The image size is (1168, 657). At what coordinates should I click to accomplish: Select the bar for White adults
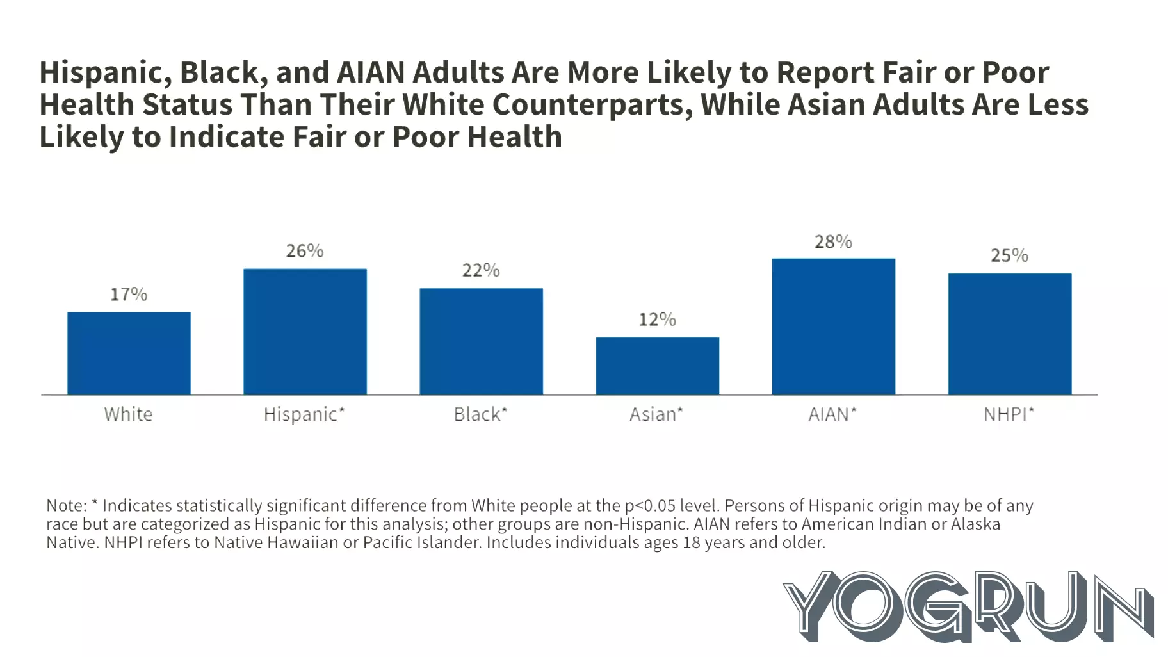tap(129, 353)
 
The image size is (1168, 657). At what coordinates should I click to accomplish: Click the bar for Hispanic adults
tap(305, 332)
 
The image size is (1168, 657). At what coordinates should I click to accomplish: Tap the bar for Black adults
tap(481, 341)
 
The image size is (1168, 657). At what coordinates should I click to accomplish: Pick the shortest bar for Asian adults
tap(657, 366)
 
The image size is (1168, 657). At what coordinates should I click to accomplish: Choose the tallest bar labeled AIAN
tap(833, 327)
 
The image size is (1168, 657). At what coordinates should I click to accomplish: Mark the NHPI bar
tap(1009, 334)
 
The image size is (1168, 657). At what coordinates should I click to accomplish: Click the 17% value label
tap(129, 295)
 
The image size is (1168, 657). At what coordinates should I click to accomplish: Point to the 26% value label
tap(305, 250)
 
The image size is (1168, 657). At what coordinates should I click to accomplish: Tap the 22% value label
tap(481, 270)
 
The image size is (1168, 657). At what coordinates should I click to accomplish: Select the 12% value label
tap(657, 320)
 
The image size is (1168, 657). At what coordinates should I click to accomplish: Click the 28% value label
tap(833, 242)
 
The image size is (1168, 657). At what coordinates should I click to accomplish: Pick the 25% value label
tap(1009, 255)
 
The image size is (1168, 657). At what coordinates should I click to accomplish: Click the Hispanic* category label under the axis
tap(304, 414)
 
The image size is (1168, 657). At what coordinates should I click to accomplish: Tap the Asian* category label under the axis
tap(656, 414)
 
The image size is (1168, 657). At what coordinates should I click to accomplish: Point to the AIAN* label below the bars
tap(832, 414)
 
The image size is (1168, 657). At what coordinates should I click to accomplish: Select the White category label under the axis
tap(129, 414)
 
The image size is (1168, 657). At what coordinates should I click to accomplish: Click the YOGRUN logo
tap(967, 606)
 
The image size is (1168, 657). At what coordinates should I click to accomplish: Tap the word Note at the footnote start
tap(65, 506)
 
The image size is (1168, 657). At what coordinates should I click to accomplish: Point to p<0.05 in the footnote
tap(650, 506)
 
